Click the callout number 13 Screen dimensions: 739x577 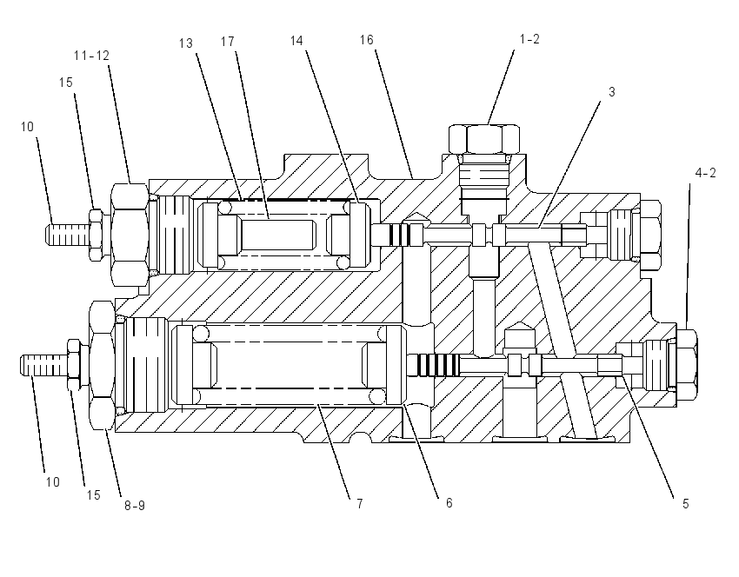(186, 43)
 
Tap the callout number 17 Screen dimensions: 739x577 (228, 42)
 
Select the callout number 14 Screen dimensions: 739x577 (296, 41)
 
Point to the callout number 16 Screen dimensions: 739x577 (366, 40)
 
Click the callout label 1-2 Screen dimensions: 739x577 (529, 39)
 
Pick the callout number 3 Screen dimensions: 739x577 (612, 92)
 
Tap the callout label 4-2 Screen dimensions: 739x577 (706, 173)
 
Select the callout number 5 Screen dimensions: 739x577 (686, 504)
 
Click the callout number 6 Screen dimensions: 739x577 (449, 503)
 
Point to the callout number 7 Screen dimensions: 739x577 (360, 504)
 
